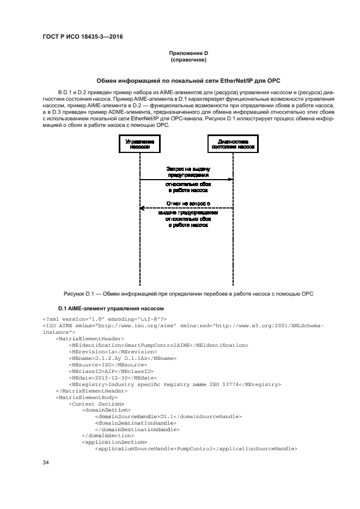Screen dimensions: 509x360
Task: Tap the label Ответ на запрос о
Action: (x=188, y=203)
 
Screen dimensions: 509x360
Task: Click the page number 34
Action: (x=46, y=462)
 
